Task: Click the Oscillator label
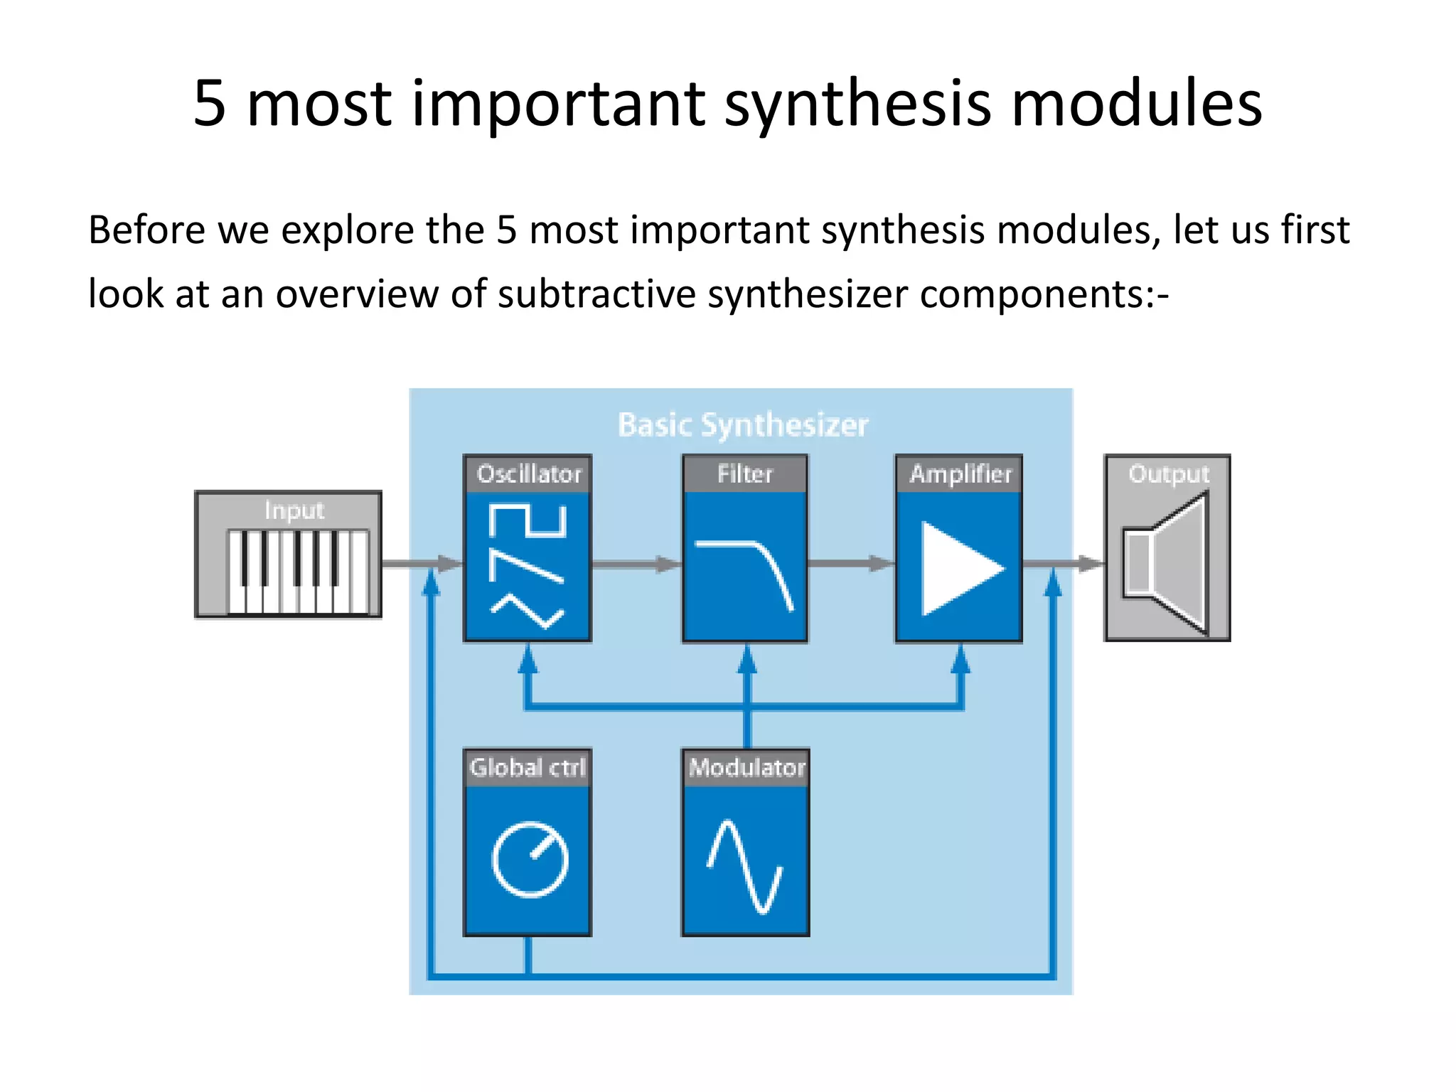[x=528, y=474]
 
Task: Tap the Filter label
[x=744, y=474]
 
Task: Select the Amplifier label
[x=960, y=474]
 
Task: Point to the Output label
[x=1168, y=474]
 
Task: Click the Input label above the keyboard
[x=294, y=510]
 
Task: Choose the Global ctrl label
[x=528, y=768]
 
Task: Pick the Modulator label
[x=746, y=768]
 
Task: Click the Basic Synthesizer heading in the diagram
[x=743, y=425]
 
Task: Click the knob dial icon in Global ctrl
[x=530, y=860]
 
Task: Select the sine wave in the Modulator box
[x=744, y=867]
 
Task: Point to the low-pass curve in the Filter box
[x=746, y=569]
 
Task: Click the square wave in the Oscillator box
[x=528, y=521]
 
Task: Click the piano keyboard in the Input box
[x=298, y=571]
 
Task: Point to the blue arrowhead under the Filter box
[x=746, y=659]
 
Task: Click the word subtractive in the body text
[x=596, y=294]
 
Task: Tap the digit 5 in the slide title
[x=210, y=104]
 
